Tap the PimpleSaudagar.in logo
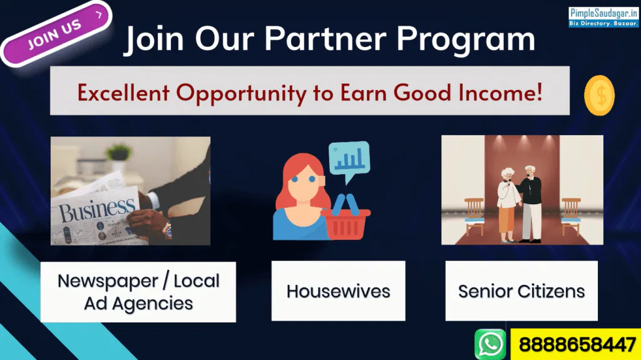(x=603, y=17)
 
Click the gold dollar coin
(x=599, y=95)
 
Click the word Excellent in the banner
(x=123, y=92)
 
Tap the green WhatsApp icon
(x=490, y=344)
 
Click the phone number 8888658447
(x=577, y=344)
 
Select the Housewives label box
(x=338, y=291)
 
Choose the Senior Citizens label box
(x=521, y=291)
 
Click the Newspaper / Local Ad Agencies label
(x=138, y=292)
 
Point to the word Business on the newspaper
(x=97, y=210)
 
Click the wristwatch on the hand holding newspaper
(x=168, y=230)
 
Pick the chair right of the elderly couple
(x=571, y=216)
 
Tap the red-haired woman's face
(x=304, y=182)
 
